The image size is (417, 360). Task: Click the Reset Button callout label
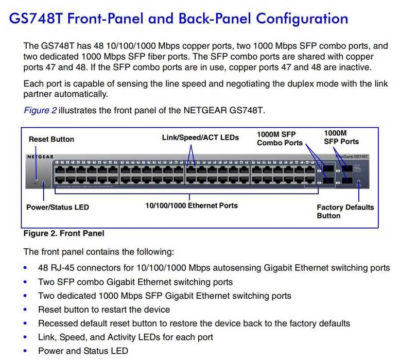click(51, 139)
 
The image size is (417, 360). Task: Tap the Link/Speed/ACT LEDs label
click(194, 138)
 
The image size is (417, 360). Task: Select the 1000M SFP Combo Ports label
click(280, 138)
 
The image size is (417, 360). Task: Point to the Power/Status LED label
click(58, 207)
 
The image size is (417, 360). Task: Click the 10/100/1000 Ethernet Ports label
click(192, 205)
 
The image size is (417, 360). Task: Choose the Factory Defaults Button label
click(345, 211)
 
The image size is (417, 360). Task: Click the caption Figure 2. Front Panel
click(64, 233)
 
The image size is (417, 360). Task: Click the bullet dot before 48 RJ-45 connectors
click(26, 268)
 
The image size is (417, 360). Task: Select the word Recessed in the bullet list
click(57, 323)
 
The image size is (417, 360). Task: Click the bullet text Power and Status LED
click(83, 351)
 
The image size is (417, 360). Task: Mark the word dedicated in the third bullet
click(76, 296)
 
